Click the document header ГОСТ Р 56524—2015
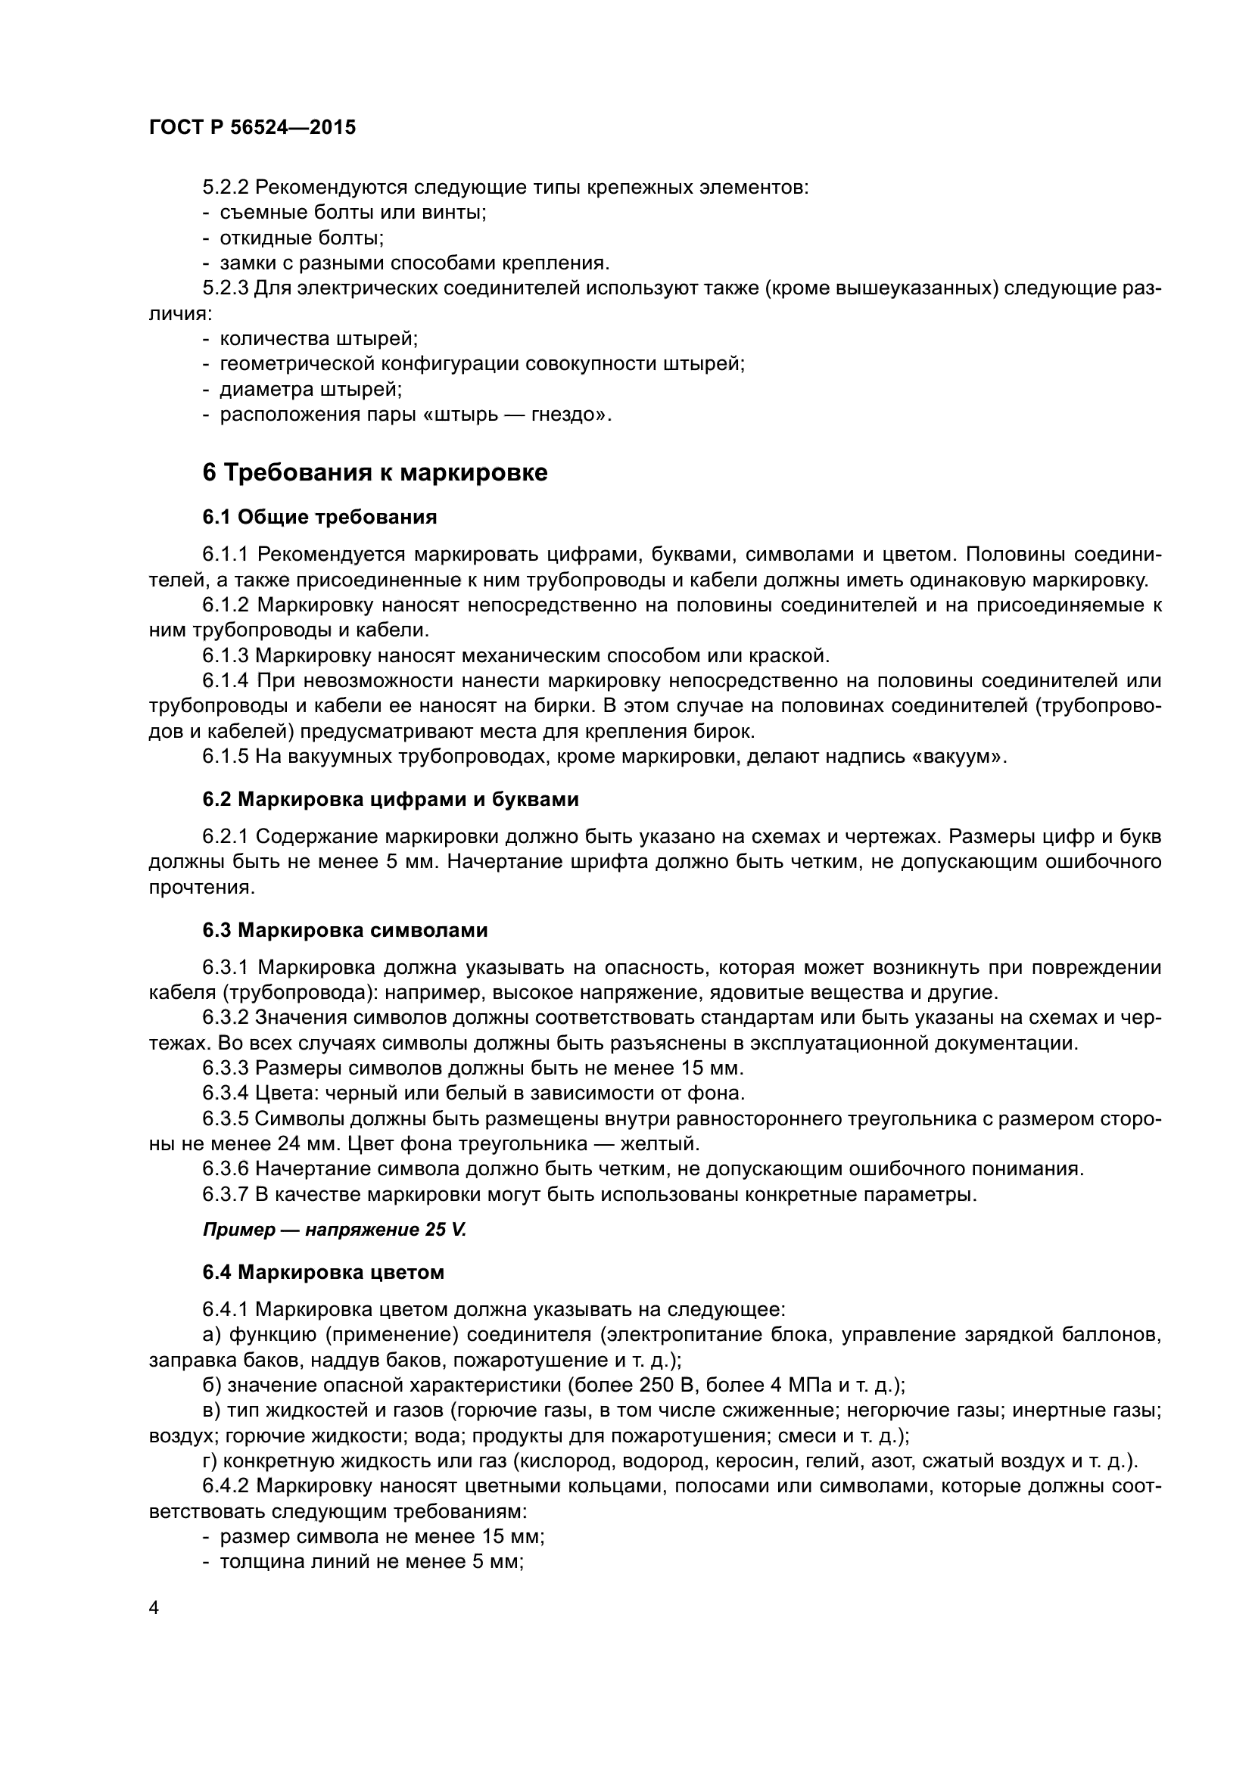pos(252,128)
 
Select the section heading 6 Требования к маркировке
pos(375,472)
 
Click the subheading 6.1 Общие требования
pos(320,518)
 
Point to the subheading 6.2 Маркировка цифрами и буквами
pos(391,799)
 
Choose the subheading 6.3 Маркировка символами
pos(345,931)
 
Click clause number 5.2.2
pos(225,188)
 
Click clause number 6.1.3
pos(225,656)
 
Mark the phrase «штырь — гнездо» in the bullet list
pos(515,415)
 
